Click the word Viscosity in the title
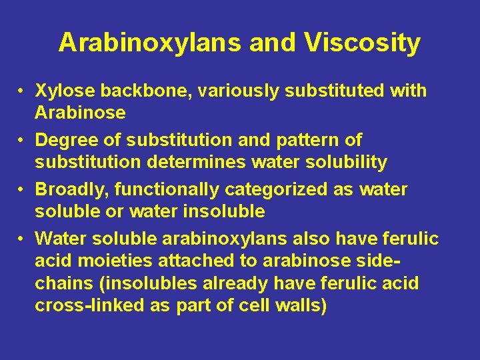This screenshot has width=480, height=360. point(363,43)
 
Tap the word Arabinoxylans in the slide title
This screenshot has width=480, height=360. point(150,43)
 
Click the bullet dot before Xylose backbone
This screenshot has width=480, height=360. point(22,91)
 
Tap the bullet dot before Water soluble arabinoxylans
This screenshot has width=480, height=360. point(22,239)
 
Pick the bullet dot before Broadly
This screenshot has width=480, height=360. point(22,190)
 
